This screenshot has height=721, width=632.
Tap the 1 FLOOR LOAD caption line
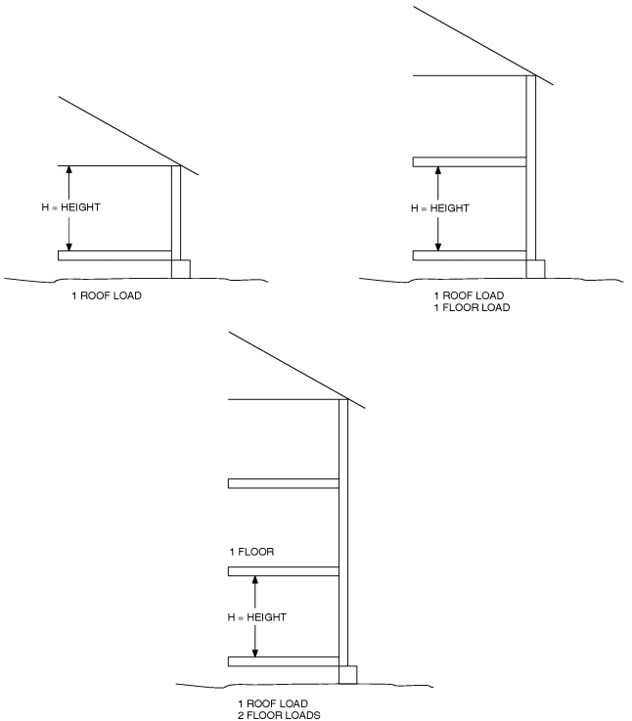click(472, 308)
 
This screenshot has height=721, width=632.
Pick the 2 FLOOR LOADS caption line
click(280, 715)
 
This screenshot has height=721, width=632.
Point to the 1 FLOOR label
click(251, 553)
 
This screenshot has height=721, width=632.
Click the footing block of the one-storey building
click(181, 268)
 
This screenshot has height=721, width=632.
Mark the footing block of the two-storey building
click(535, 268)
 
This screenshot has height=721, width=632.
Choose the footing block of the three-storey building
click(347, 675)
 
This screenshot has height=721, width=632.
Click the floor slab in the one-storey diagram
click(114, 255)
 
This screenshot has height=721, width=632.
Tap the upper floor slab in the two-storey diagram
click(470, 161)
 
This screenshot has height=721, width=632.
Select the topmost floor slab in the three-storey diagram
click(283, 482)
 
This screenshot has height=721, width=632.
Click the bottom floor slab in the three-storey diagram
click(283, 661)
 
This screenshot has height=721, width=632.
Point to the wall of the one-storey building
click(176, 210)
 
